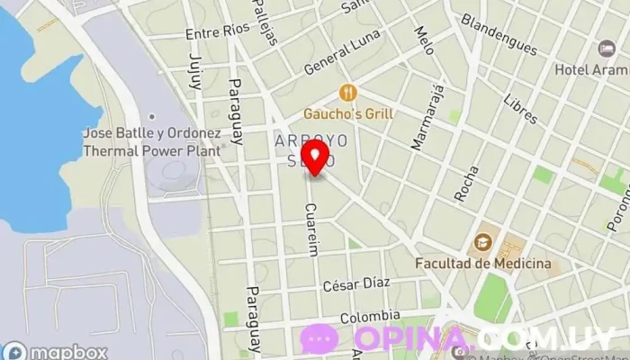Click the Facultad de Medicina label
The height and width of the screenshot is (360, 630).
click(x=482, y=263)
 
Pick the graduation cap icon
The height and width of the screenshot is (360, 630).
click(x=483, y=241)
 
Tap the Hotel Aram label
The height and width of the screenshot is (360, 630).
click(x=591, y=69)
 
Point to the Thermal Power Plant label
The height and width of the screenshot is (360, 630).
click(x=151, y=141)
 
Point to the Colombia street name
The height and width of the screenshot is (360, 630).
click(x=370, y=316)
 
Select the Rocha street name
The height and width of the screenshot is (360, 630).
click(x=465, y=184)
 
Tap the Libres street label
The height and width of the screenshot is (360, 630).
click(x=520, y=110)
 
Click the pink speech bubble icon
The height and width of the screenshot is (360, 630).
click(x=318, y=338)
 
